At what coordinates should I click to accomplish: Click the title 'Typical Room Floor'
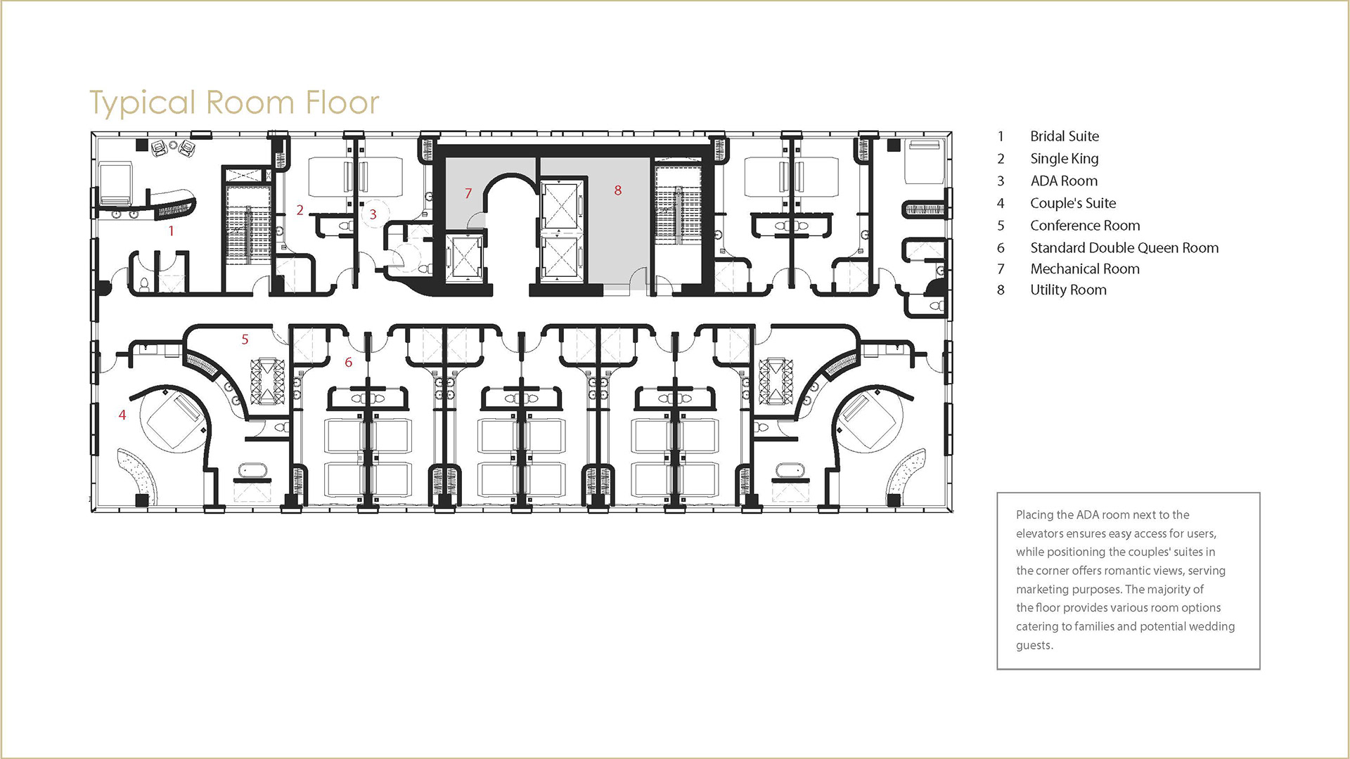234,103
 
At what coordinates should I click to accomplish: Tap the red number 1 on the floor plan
171,231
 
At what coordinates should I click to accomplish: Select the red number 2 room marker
300,210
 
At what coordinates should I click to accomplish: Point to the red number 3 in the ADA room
373,214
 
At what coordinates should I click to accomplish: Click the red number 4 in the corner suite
122,415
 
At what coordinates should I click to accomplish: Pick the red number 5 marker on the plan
245,339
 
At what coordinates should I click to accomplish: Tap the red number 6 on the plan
348,363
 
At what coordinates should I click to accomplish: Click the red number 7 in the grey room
468,193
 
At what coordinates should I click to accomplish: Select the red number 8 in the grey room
617,190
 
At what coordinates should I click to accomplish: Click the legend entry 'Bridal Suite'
1065,136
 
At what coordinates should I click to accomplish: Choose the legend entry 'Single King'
1065,159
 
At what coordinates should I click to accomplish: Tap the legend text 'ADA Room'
1064,181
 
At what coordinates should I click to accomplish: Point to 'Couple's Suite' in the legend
1073,204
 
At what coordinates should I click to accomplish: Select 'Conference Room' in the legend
1085,226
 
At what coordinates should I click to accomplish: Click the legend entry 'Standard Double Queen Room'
1124,248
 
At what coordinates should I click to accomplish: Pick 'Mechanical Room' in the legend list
1085,269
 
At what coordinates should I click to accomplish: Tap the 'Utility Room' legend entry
1068,290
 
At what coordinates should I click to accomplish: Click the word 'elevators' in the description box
1040,533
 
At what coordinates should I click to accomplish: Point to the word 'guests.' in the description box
1034,646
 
